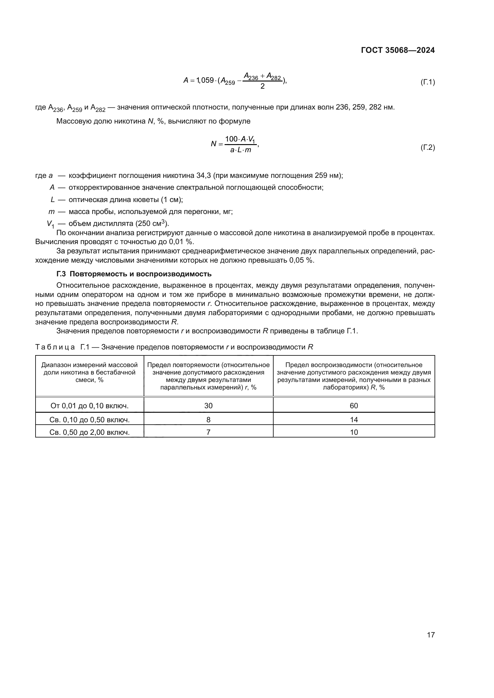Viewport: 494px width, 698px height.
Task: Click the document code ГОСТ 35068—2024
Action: pos(398,50)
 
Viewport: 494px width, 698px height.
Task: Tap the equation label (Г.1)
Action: pos(427,82)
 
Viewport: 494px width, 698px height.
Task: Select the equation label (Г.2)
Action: pos(427,148)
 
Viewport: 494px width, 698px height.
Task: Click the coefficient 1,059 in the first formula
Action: pos(205,80)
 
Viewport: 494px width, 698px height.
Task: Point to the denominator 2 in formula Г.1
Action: pos(263,86)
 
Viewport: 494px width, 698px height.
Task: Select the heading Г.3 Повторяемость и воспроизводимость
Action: pos(134,274)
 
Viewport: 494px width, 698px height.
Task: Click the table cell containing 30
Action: pos(208,406)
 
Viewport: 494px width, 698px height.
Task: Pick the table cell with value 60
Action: pos(354,406)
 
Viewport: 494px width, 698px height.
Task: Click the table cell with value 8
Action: pos(208,420)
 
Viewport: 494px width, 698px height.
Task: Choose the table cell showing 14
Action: pos(354,420)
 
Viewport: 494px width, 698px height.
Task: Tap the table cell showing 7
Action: pos(208,432)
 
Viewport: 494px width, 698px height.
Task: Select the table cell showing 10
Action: pos(354,432)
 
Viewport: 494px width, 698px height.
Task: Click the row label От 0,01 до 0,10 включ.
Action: pos(89,406)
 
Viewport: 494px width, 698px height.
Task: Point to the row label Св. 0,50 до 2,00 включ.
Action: pos(89,432)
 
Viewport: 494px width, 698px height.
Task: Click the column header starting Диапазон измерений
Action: pos(89,372)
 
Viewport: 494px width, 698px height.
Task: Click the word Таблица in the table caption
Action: pos(55,347)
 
